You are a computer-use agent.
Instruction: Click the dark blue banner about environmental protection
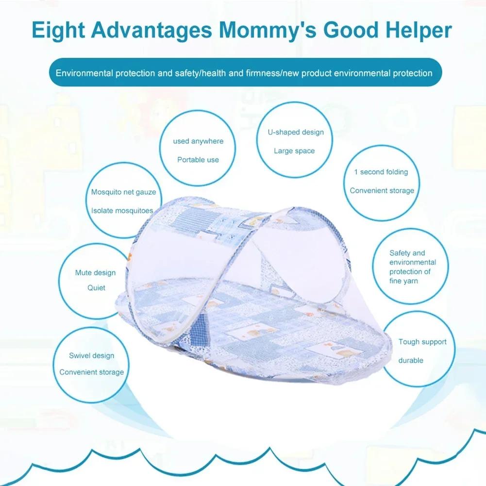point(244,73)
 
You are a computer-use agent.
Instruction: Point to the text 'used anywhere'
point(198,141)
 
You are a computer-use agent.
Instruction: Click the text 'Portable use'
point(198,160)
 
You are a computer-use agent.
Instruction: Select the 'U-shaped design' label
point(296,132)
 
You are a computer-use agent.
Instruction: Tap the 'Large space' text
point(294,151)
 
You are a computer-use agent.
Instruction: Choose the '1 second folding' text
point(381,172)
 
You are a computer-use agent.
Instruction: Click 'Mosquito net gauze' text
point(123,192)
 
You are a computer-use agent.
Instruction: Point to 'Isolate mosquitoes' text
point(122,211)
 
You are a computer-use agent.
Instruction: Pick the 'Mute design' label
point(95,273)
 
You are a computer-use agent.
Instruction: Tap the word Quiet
point(96,287)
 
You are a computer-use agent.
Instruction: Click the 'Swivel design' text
point(91,355)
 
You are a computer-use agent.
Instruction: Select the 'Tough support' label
point(422,342)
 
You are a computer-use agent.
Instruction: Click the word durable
point(411,360)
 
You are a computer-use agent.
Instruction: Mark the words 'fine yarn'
point(403,281)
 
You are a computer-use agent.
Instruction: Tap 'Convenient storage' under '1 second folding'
point(382,190)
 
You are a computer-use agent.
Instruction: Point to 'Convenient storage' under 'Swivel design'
point(91,372)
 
